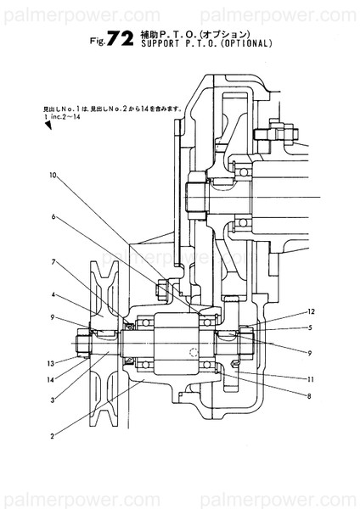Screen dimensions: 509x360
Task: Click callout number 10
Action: coord(52,176)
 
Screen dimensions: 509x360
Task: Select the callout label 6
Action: coord(52,217)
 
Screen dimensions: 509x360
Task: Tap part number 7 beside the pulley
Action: coord(52,261)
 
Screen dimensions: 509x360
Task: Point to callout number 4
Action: coord(52,295)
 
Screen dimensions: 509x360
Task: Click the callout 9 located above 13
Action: coord(52,317)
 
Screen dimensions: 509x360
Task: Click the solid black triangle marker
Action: coord(48,125)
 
